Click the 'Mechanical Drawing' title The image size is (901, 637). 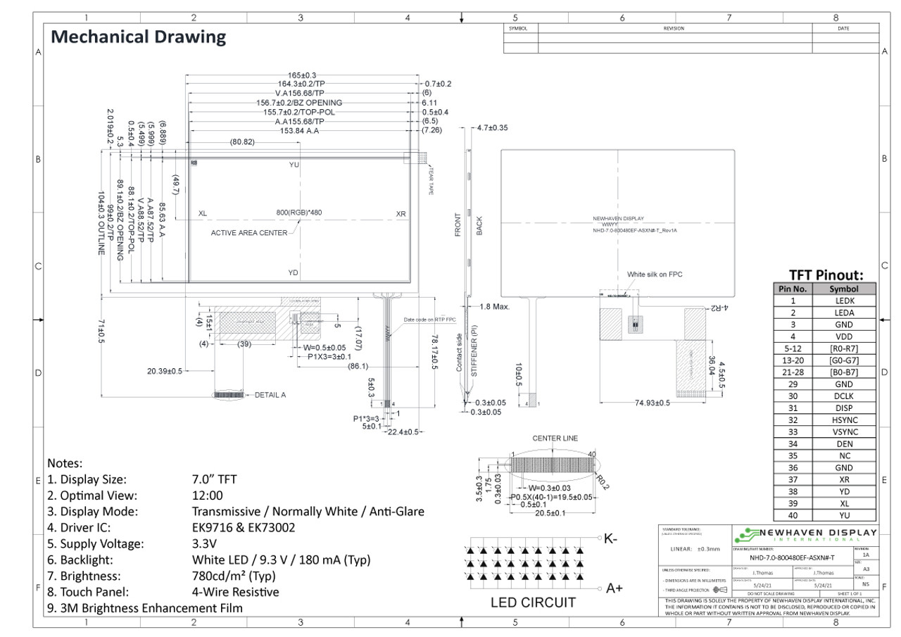[139, 37]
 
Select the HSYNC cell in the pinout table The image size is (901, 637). [843, 420]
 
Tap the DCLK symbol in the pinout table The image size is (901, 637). [843, 396]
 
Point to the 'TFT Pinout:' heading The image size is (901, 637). [826, 275]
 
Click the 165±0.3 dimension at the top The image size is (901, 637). [302, 75]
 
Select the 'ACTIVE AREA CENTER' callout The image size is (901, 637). [249, 233]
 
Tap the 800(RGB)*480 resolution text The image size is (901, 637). [299, 213]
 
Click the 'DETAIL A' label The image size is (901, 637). [270, 395]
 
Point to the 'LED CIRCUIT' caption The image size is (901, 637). [533, 603]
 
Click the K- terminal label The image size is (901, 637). [610, 539]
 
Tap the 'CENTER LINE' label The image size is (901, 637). [555, 439]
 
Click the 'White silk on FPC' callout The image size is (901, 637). [655, 275]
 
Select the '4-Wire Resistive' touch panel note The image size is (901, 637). [235, 592]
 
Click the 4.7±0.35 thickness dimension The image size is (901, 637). [493, 128]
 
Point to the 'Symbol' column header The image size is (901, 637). [843, 289]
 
